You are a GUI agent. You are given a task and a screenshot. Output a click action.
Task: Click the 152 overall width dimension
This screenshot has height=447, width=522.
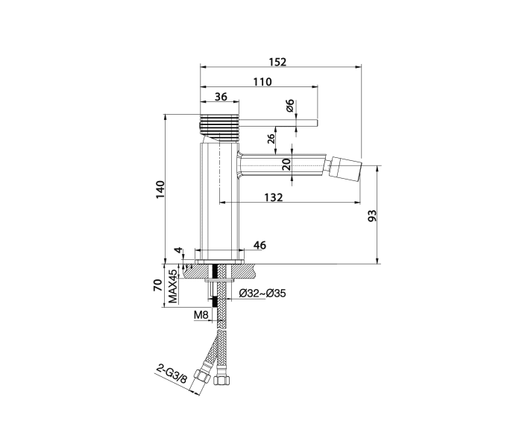pos(277,62)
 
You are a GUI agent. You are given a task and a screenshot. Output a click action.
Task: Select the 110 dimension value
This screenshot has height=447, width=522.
pos(262,81)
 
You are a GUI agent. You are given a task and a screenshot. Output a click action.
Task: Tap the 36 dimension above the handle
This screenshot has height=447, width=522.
pos(221,96)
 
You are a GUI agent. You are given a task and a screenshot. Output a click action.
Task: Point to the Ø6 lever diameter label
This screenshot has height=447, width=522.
pos(290,106)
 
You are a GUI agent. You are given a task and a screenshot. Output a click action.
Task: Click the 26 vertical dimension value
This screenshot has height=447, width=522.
pos(271,139)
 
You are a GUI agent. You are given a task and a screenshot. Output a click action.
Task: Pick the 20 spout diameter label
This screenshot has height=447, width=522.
pos(286,165)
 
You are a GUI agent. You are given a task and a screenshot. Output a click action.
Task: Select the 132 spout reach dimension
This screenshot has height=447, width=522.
pos(274,197)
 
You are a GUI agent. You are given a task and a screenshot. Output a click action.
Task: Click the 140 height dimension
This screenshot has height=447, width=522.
pos(160,189)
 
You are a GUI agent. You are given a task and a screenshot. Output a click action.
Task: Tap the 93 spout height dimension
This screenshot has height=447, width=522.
pos(373,215)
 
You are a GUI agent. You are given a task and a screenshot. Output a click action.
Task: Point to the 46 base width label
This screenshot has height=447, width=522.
pos(260,245)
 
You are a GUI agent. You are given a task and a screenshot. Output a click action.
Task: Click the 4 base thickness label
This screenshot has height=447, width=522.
pos(179,250)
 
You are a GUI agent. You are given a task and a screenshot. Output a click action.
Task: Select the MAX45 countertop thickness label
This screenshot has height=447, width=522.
pos(172,286)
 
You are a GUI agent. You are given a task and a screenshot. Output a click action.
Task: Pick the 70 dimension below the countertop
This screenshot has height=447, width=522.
pos(157,285)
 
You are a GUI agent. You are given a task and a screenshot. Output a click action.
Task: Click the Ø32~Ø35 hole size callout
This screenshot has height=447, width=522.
pos(262,294)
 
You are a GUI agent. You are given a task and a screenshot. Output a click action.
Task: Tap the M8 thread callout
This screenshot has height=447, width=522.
pos(201,314)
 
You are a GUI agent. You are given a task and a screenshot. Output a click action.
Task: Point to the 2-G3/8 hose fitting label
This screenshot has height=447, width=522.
pos(172,373)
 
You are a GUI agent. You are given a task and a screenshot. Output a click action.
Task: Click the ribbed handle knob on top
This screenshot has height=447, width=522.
pos(219,124)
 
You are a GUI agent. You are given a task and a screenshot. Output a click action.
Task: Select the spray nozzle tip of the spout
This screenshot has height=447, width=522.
pos(346,165)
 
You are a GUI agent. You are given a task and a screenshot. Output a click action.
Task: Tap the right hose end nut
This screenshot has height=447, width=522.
pos(220,379)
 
